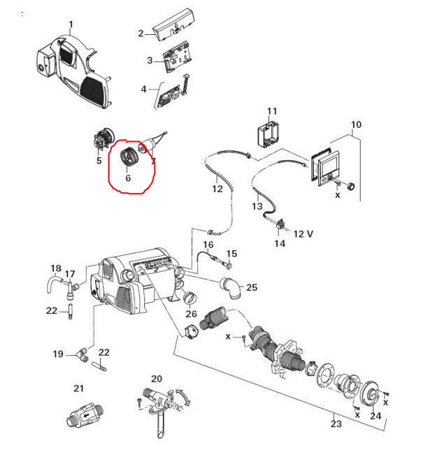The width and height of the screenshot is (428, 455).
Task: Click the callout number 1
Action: [71, 24]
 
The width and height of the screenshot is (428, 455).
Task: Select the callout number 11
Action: [272, 111]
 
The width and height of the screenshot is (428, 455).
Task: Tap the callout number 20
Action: [157, 379]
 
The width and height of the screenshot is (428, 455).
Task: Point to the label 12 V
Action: [303, 234]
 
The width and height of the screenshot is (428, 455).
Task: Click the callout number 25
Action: [252, 287]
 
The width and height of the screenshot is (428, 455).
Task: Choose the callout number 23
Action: [336, 424]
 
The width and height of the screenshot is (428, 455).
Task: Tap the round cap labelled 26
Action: [190, 298]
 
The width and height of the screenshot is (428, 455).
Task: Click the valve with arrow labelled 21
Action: [85, 415]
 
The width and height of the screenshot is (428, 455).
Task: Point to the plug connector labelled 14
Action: [279, 224]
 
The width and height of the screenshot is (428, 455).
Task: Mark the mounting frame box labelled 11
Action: [269, 133]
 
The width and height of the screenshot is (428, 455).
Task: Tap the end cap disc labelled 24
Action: [370, 394]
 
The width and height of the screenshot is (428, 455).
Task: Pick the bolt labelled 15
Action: [227, 265]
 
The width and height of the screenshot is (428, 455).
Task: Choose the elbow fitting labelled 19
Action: [83, 355]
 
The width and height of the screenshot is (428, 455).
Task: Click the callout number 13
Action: [257, 206]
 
